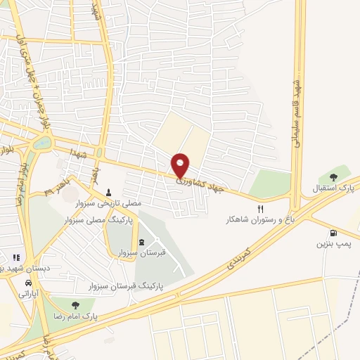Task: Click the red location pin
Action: tap(181, 166)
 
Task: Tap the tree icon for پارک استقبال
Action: tap(333, 177)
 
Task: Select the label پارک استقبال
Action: tap(333, 189)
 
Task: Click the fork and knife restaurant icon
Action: tap(260, 209)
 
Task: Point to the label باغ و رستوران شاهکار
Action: tap(256, 220)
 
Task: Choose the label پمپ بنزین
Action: tap(332, 245)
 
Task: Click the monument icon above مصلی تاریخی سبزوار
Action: tap(109, 192)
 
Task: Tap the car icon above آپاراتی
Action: tap(27, 283)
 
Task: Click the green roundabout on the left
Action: tap(43, 143)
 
